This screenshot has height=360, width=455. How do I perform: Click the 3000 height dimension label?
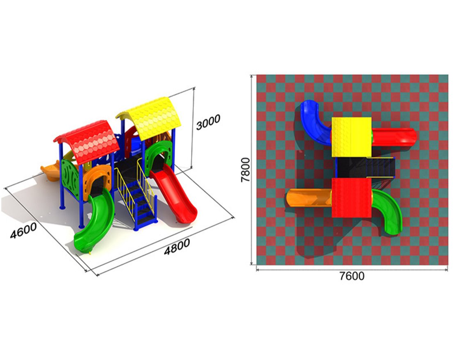point(208,122)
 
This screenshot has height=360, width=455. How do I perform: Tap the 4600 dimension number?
point(23,231)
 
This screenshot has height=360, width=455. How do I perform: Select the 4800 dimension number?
point(177,247)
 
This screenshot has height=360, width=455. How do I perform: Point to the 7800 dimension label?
point(246,170)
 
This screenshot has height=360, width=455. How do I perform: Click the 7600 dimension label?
point(352,276)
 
